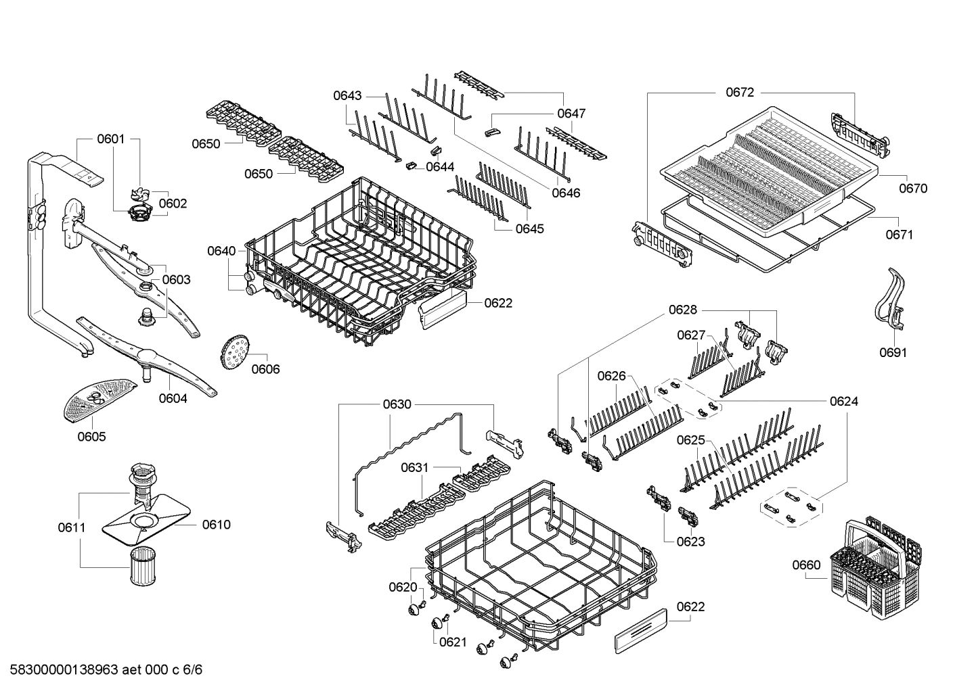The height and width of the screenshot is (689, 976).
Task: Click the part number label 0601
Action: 110,139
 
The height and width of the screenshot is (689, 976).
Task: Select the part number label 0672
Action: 739,93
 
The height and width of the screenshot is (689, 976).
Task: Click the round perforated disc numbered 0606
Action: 235,352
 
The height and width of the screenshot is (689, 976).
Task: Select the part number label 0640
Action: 221,252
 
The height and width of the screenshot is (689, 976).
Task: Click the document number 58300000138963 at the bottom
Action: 102,670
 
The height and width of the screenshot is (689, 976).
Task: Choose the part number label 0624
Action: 843,402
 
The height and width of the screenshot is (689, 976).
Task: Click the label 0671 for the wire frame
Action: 900,235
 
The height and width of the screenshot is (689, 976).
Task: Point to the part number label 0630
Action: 397,404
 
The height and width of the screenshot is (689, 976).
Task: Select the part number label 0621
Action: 453,642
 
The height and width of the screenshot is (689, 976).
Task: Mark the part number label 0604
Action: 173,398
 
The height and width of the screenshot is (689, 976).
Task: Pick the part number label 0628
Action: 682,310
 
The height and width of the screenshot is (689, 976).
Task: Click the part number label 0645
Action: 529,229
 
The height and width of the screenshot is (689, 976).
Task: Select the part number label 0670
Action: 912,189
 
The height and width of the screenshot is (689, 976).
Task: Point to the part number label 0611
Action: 71,527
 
